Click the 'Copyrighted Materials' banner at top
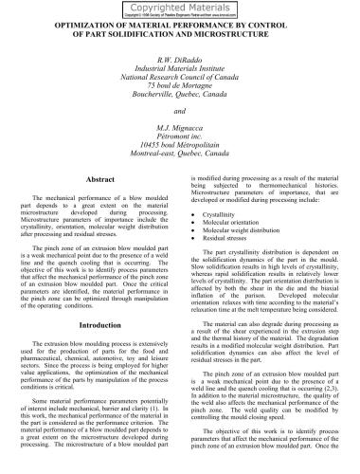coord(179,7)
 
